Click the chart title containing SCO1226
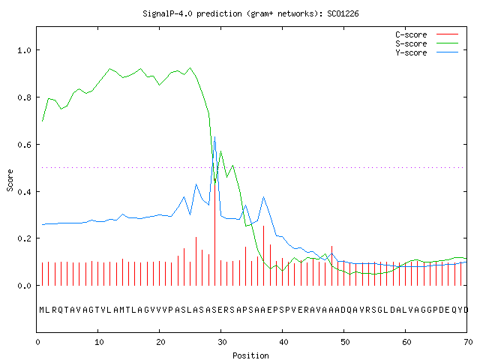[250, 13]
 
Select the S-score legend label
[411, 43]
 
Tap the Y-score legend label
[411, 52]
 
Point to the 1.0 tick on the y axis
[24, 50]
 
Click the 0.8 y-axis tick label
[24, 97]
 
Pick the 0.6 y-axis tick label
[24, 145]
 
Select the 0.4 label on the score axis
[24, 192]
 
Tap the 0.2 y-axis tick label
[24, 238]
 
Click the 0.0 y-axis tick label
[24, 286]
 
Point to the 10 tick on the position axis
[99, 342]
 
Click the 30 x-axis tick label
[222, 342]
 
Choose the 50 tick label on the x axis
[345, 342]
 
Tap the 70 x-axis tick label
[468, 342]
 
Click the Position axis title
[250, 355]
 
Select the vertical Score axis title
[10, 181]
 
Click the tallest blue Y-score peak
[215, 136]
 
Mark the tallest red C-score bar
[215, 232]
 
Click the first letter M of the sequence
[42, 310]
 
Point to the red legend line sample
[447, 34]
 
